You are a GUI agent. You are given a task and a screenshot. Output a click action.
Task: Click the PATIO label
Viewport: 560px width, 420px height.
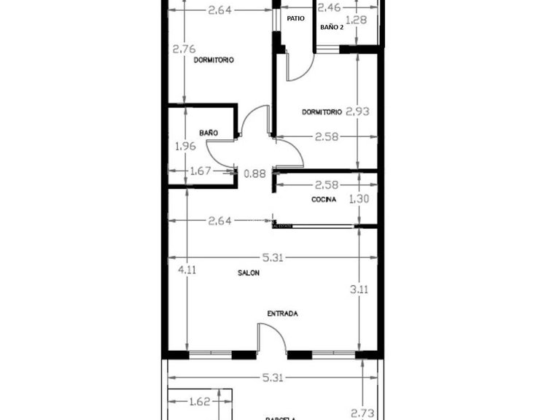[x=295, y=18]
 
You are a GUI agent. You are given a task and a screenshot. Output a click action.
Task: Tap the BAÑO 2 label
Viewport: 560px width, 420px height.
[x=331, y=27]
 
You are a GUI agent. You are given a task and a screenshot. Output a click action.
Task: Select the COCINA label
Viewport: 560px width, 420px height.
[x=324, y=200]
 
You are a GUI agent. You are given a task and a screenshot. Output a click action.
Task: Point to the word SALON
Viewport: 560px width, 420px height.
[x=249, y=273]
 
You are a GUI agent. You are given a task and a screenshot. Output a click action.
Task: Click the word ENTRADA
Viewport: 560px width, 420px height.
[x=282, y=314]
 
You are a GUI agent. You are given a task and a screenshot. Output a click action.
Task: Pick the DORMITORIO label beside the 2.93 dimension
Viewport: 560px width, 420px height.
[x=322, y=112]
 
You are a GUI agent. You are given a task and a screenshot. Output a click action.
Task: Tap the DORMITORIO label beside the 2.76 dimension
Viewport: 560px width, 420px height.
[x=214, y=61]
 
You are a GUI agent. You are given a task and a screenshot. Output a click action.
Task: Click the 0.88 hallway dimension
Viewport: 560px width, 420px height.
[x=254, y=173]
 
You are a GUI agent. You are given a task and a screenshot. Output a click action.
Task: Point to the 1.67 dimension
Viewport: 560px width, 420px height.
[x=200, y=171]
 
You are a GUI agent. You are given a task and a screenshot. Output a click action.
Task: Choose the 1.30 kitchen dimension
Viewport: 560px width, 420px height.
[x=359, y=198]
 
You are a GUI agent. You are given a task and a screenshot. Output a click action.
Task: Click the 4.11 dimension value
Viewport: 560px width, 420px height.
[x=187, y=268]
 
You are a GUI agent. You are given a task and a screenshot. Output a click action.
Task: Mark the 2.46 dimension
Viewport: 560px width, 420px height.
[x=330, y=8]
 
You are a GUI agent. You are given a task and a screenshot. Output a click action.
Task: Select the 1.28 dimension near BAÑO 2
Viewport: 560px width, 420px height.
[x=357, y=20]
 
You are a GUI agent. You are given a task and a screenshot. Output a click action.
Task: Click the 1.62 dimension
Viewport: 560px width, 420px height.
[x=200, y=401]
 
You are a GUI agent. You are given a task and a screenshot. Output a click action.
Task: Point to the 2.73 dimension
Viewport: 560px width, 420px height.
[x=362, y=413]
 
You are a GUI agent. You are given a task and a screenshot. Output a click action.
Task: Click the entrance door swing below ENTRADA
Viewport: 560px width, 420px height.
[x=270, y=339]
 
